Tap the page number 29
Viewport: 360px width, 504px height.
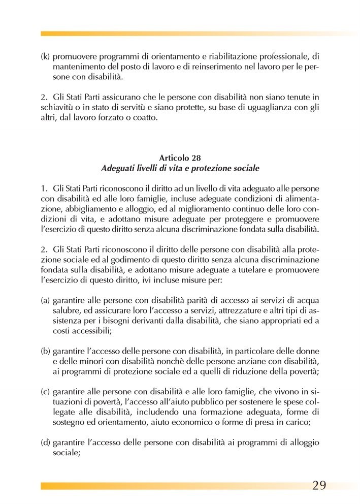click(x=319, y=485)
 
